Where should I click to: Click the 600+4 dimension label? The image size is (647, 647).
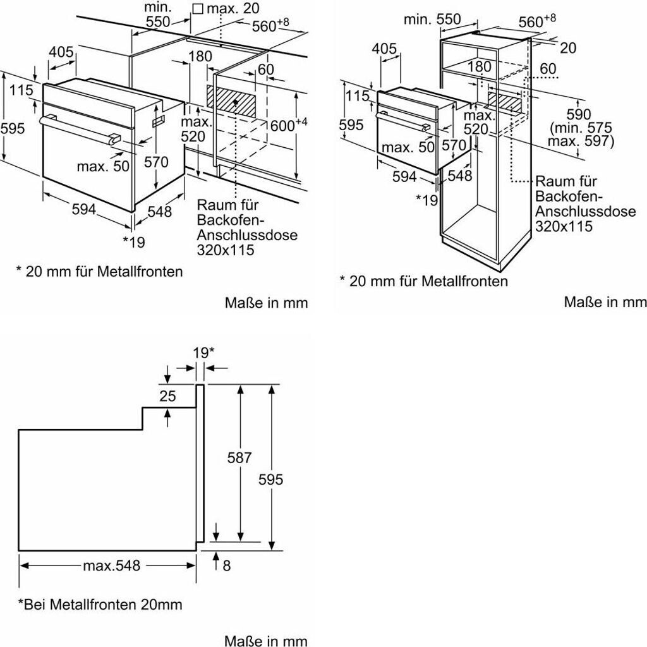(289, 124)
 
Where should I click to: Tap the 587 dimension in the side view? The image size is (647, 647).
(239, 457)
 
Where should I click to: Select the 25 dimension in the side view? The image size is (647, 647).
(167, 396)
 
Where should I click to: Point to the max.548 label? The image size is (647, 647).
(111, 565)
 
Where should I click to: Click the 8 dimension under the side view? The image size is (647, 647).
(227, 565)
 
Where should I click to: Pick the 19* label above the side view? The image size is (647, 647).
(204, 353)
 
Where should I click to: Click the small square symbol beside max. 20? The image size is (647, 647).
(198, 9)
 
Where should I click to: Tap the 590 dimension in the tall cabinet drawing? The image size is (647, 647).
(578, 114)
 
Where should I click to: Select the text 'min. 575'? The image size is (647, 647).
(581, 128)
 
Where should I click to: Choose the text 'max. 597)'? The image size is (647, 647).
(581, 141)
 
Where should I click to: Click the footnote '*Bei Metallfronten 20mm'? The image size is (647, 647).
(100, 605)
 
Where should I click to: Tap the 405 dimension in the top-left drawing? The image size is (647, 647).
(61, 52)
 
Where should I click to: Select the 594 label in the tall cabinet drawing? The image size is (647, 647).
(404, 177)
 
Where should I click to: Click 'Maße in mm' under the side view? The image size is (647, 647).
(266, 641)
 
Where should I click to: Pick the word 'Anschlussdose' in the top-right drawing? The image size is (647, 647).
(586, 211)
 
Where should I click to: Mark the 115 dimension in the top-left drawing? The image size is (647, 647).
(21, 90)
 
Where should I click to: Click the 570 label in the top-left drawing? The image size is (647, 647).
(156, 162)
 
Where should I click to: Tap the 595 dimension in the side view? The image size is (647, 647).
(270, 479)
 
